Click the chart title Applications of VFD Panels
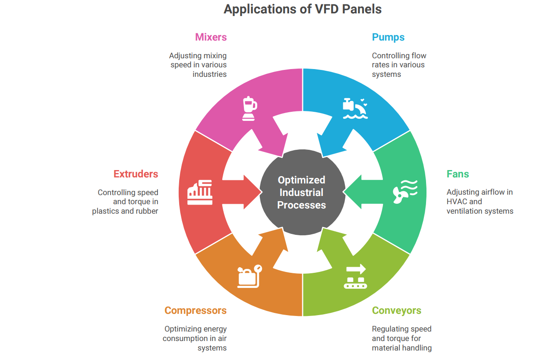tap(302, 9)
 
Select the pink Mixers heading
tap(211, 37)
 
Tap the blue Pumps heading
tap(388, 37)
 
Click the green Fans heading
tap(458, 174)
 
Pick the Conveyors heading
tap(396, 310)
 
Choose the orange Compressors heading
tap(195, 310)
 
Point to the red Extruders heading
tap(136, 174)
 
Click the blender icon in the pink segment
tap(249, 108)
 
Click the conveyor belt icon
tap(355, 277)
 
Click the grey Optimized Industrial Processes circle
tap(302, 193)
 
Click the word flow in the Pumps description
tap(418, 56)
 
